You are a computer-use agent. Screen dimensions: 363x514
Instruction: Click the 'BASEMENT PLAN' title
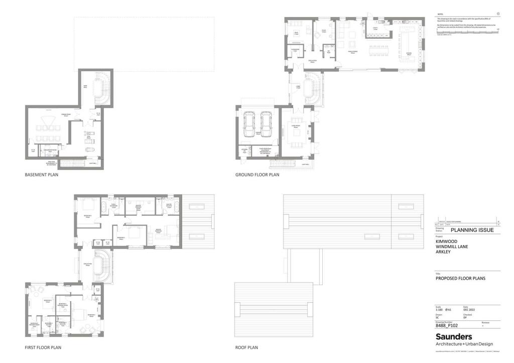pos(42,175)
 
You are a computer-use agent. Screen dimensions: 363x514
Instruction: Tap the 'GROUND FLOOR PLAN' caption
pos(257,175)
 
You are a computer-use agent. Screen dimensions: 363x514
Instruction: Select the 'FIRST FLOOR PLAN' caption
pos(43,347)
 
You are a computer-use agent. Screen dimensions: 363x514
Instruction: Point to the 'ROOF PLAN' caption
pos(246,347)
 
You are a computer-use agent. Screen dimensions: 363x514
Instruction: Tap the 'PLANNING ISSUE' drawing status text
pos(472,230)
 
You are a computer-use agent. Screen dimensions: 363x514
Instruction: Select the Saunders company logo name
pos(454,336)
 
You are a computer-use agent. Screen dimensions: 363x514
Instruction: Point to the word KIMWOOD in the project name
pos(446,241)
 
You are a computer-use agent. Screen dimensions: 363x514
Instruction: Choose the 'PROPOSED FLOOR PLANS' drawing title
pos(460,278)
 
